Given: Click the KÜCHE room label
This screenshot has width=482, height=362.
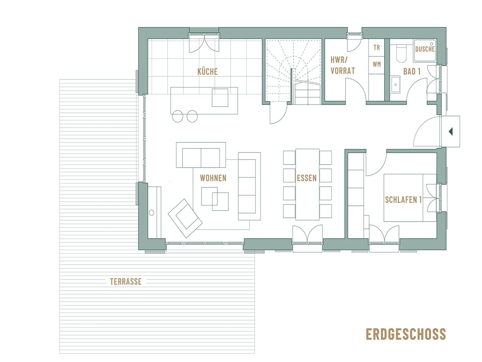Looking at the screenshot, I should tap(208, 71).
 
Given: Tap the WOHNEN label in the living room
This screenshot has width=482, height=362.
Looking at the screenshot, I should tap(213, 178).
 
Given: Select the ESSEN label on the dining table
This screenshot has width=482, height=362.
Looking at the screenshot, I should tap(307, 178).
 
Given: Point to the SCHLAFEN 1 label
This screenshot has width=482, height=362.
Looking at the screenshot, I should tap(403, 200).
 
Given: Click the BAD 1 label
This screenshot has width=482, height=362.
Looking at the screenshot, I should tap(412, 71).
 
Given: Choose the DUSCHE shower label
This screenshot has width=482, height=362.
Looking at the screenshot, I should tap(425, 49).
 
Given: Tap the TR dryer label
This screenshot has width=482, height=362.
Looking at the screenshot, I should tap(377, 48).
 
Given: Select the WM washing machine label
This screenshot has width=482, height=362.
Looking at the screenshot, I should tap(377, 64).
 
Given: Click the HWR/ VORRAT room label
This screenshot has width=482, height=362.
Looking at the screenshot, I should tap(342, 65).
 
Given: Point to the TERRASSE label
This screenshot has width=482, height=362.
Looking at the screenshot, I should tap(126, 282).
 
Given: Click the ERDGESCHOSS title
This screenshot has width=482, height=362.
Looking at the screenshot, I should tap(406, 334).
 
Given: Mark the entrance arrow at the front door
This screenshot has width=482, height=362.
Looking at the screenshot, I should tap(451, 131).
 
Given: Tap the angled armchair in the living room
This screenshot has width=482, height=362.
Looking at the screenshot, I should tap(185, 218).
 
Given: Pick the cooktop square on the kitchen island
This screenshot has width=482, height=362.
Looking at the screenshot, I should tap(220, 98).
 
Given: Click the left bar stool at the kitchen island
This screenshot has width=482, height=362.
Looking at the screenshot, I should tap(177, 116).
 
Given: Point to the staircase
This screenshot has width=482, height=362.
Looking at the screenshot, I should tap(293, 71).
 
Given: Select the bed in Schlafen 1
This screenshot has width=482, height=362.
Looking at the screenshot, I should tap(410, 198).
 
